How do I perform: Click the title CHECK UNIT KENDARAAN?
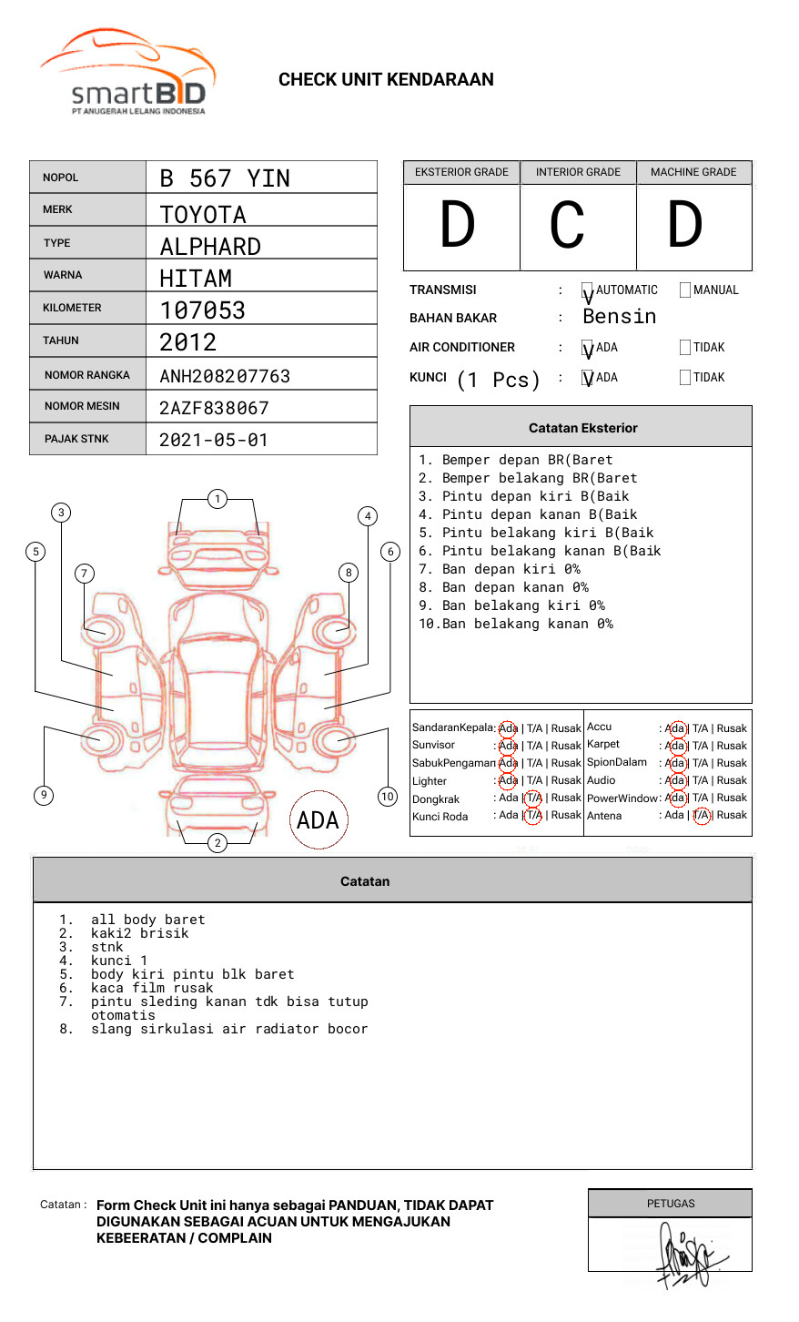(x=386, y=80)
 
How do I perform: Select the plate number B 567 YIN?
(x=225, y=178)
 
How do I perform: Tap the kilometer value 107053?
(x=202, y=310)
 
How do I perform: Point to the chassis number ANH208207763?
(x=225, y=376)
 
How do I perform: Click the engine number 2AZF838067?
(x=214, y=408)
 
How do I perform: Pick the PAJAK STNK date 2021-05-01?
(x=214, y=440)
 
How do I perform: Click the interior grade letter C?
(x=567, y=225)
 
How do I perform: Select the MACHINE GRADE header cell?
(x=693, y=172)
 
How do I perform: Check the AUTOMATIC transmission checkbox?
(x=587, y=291)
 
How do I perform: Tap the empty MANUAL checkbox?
(x=685, y=290)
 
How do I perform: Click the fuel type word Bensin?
(x=619, y=317)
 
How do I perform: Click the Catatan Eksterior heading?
(x=582, y=428)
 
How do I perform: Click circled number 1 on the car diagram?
(x=217, y=499)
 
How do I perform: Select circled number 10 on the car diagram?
(x=388, y=797)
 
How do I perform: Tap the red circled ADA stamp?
(x=318, y=820)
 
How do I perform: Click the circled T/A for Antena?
(x=701, y=816)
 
